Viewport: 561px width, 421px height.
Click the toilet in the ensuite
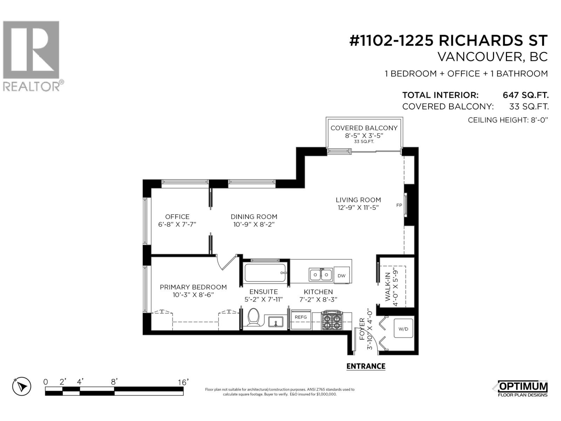click(253, 317)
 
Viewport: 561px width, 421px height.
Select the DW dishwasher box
click(342, 275)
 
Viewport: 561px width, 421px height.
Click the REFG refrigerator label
click(301, 317)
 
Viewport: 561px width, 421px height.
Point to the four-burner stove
click(332, 320)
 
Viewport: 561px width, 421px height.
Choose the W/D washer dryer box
click(404, 329)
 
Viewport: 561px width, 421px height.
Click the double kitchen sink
click(320, 274)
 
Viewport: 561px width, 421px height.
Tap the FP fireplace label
click(399, 205)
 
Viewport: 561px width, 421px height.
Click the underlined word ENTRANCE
click(366, 366)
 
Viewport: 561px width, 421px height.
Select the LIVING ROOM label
click(358, 200)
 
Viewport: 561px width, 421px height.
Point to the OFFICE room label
click(177, 217)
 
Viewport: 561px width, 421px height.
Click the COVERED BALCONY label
click(364, 128)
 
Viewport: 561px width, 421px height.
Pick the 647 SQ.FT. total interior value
click(525, 95)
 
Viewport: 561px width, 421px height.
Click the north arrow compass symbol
click(22, 387)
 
